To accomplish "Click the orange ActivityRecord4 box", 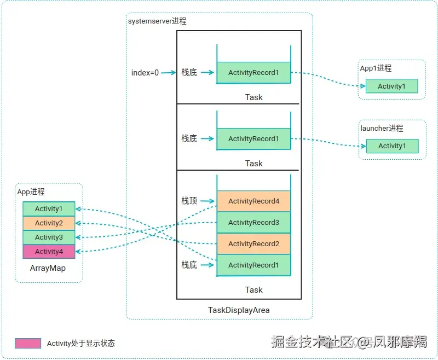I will click(x=253, y=201).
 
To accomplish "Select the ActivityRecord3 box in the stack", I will click(x=253, y=223).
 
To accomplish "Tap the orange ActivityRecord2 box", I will click(x=253, y=244).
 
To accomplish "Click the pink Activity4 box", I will click(x=49, y=252).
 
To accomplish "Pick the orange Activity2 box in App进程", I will click(x=49, y=223).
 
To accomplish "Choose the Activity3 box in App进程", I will click(x=49, y=237).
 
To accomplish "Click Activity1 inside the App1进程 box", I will click(x=391, y=86).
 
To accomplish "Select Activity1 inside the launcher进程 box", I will click(x=391, y=146).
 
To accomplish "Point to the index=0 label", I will click(x=145, y=73).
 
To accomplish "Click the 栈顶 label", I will click(x=189, y=201).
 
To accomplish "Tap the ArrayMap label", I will click(x=48, y=269).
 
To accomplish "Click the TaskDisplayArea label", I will click(x=239, y=310).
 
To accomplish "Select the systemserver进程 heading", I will click(x=157, y=21).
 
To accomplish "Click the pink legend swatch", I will click(x=28, y=344).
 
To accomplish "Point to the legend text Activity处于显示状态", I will click(x=81, y=344).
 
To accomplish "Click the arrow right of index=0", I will click(x=168, y=73).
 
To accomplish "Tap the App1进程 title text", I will click(x=376, y=68).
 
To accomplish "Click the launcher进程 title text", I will click(x=382, y=128).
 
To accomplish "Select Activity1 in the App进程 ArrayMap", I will click(x=49, y=209).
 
